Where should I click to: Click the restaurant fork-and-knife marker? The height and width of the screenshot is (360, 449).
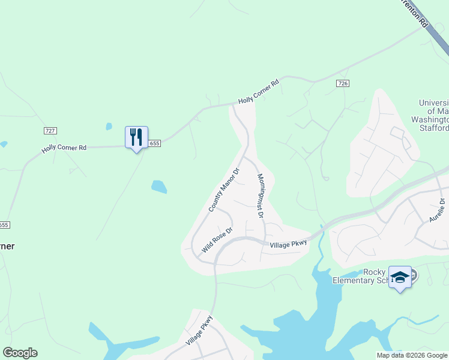[136, 137]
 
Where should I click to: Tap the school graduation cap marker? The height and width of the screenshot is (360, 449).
[400, 277]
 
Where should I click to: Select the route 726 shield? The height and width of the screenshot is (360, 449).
[343, 83]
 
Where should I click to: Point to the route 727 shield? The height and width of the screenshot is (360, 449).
[50, 131]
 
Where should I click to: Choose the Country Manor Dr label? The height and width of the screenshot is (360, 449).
[223, 190]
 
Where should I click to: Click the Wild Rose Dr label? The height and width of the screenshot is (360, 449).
[217, 239]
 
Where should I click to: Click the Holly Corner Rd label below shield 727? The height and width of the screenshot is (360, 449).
[64, 148]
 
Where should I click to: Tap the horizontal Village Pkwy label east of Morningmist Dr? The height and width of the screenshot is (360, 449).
[288, 244]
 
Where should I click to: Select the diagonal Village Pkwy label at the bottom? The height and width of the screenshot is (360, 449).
[199, 331]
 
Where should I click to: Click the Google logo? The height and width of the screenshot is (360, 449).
[20, 353]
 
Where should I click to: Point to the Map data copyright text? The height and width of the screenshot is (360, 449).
[412, 355]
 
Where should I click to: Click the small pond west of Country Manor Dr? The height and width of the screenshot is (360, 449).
[159, 187]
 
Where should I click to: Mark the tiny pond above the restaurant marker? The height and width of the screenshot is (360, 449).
[109, 127]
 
